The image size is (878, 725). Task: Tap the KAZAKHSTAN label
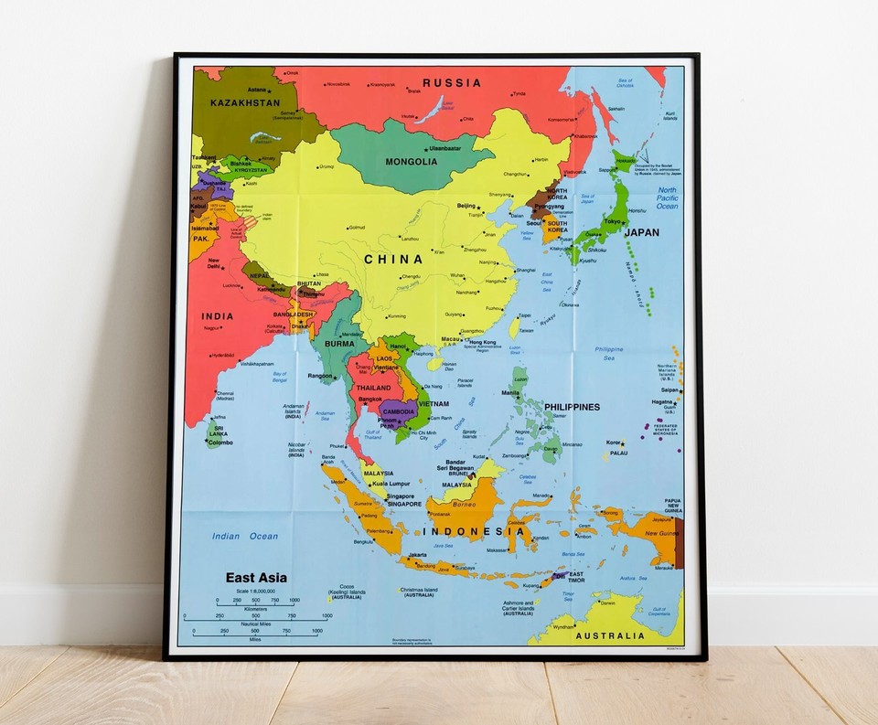[245, 103]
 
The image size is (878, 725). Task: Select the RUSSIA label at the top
[451, 82]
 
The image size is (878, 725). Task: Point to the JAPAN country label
[641, 232]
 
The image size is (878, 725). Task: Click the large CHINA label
[393, 260]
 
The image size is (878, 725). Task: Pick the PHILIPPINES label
[572, 407]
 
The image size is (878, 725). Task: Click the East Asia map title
[256, 578]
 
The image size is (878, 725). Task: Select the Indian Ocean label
[245, 537]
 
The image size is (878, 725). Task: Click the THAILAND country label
[373, 388]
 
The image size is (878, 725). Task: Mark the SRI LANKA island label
[218, 430]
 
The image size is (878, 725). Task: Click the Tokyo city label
[613, 221]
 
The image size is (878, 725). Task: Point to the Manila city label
[510, 393]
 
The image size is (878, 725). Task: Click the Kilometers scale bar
[257, 606]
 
